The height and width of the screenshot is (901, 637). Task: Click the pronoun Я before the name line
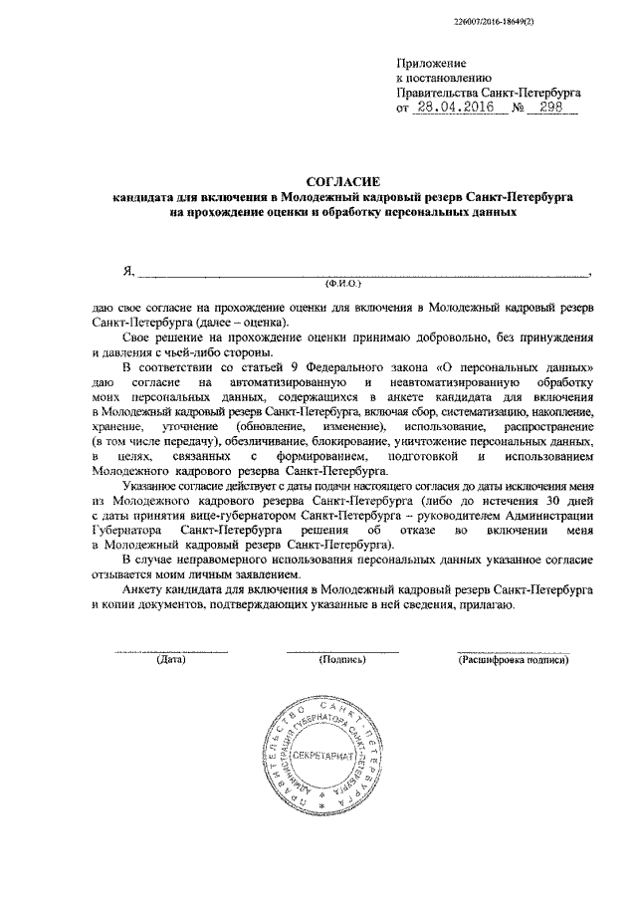[x=127, y=271]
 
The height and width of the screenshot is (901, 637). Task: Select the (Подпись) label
[x=342, y=660]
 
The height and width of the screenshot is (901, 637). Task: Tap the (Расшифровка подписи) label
[x=514, y=660]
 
